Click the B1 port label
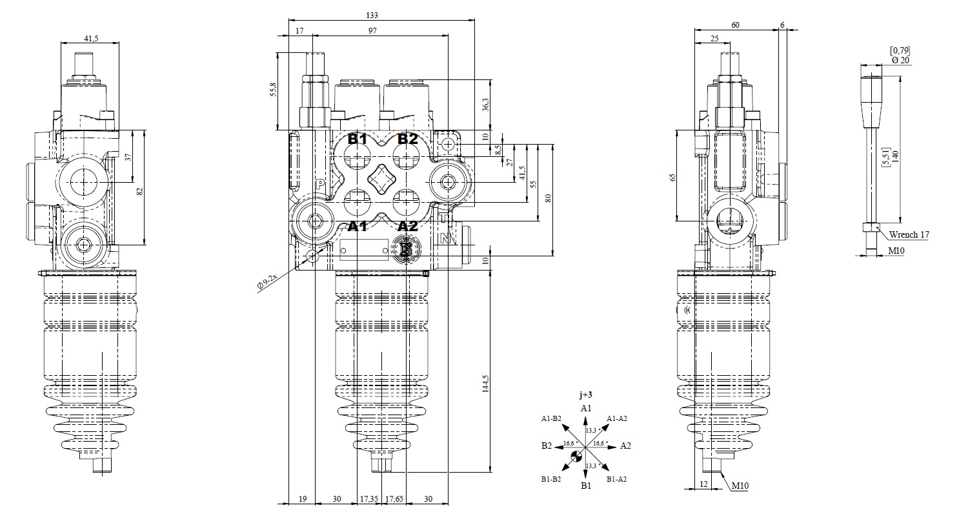[357, 138]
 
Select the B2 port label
[407, 138]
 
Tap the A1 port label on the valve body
[357, 226]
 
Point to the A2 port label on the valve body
[407, 226]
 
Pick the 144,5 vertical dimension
[486, 383]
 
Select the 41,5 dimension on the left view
[91, 38]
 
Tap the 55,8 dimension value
[273, 89]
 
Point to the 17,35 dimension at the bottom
[369, 498]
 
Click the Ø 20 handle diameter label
[900, 59]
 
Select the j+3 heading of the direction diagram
[585, 395]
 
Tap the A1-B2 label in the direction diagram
[551, 418]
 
